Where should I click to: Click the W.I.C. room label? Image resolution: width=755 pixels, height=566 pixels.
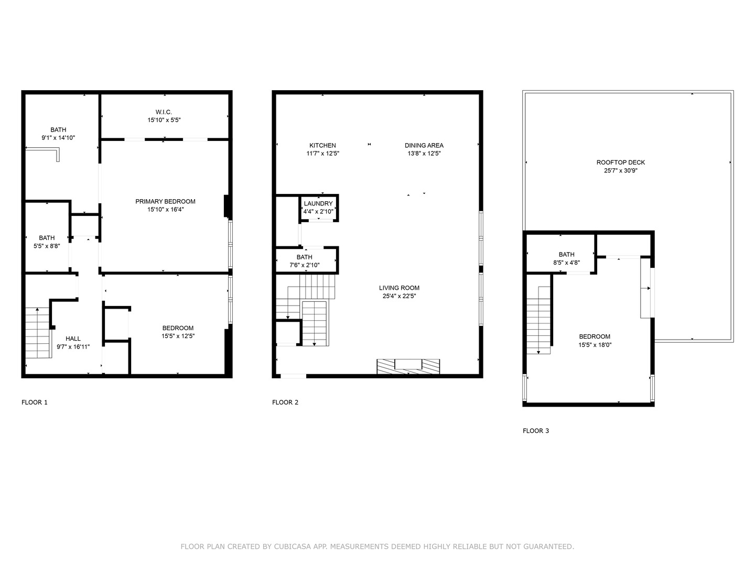click(x=164, y=112)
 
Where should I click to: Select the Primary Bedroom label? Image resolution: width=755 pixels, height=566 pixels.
click(x=165, y=201)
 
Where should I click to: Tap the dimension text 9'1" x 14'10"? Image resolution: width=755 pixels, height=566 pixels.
click(x=58, y=138)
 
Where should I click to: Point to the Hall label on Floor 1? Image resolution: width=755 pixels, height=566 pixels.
click(x=73, y=339)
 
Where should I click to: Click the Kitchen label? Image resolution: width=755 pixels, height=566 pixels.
click(x=322, y=145)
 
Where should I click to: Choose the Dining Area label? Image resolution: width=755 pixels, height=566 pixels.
click(x=424, y=145)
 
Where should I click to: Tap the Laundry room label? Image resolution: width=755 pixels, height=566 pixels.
click(x=318, y=203)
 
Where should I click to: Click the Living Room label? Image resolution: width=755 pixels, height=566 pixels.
click(x=399, y=288)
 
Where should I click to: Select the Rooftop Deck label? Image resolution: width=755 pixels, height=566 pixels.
click(x=621, y=162)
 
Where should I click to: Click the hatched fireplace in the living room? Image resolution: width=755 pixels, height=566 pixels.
click(x=408, y=366)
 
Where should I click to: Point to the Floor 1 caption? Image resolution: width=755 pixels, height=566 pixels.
click(x=35, y=402)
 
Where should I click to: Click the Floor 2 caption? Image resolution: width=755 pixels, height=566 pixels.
click(x=285, y=402)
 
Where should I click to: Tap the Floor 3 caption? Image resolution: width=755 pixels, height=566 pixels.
click(x=536, y=431)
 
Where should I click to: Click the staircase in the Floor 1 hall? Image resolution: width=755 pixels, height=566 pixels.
click(x=38, y=332)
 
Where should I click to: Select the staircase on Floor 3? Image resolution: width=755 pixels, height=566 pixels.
click(x=538, y=320)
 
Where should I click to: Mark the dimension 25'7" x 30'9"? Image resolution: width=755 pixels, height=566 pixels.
click(x=621, y=170)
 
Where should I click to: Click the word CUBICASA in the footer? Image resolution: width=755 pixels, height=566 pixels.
click(x=293, y=547)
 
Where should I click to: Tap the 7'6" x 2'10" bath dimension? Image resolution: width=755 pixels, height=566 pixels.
click(x=304, y=265)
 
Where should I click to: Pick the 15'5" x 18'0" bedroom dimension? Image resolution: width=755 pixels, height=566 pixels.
click(x=595, y=345)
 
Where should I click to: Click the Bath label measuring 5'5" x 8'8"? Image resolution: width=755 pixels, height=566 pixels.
click(x=47, y=237)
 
